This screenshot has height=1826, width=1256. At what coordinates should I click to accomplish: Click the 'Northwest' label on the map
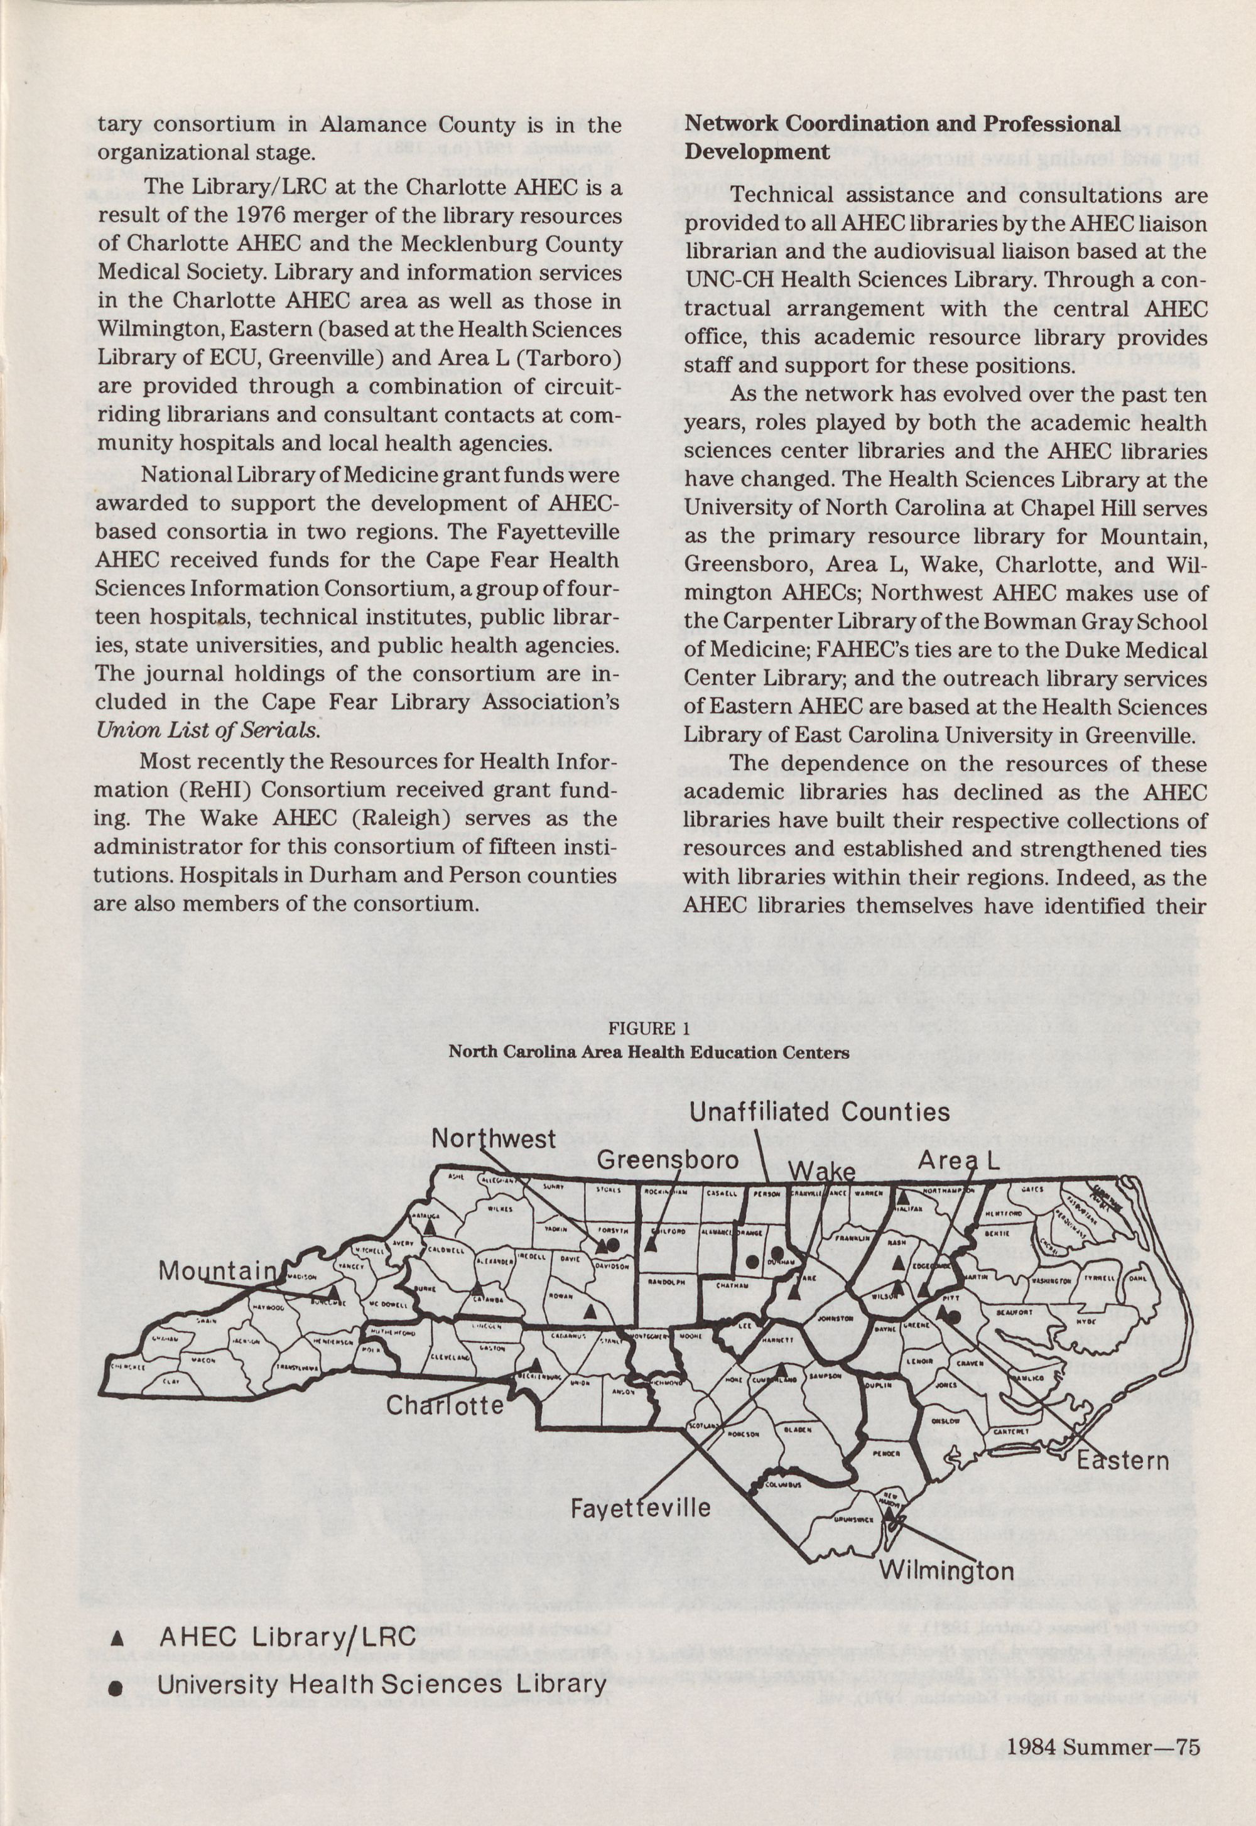[x=494, y=1138]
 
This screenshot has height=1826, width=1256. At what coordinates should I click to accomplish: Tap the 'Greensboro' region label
[x=668, y=1160]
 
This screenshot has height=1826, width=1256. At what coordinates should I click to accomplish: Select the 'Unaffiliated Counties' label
[x=820, y=1111]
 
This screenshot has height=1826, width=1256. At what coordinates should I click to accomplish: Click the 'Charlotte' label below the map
[x=445, y=1405]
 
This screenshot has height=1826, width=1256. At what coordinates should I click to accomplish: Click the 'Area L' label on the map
[x=958, y=1160]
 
